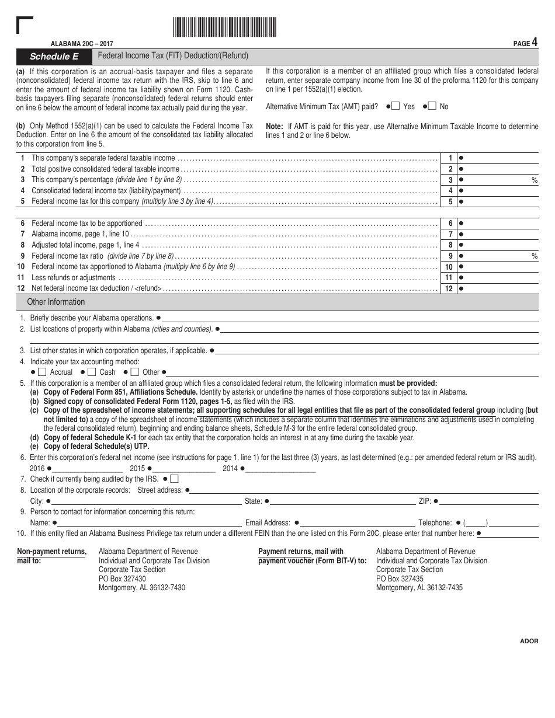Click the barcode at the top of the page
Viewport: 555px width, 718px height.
(x=224, y=27)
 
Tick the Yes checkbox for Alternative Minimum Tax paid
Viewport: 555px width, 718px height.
(x=396, y=106)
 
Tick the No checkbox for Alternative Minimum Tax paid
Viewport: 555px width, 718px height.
(x=432, y=106)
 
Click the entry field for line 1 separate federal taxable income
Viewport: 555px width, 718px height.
(x=500, y=158)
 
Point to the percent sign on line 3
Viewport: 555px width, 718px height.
(x=534, y=180)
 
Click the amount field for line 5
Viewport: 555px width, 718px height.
(x=500, y=202)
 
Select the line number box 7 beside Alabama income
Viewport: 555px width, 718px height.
(x=450, y=235)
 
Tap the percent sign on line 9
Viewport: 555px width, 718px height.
(x=534, y=256)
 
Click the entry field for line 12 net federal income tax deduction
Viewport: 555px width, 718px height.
(x=500, y=288)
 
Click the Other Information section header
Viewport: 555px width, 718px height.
(x=56, y=302)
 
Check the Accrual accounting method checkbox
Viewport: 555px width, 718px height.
(x=42, y=372)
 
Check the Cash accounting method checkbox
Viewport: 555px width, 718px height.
(x=92, y=372)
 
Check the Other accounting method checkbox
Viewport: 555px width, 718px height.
(x=134, y=372)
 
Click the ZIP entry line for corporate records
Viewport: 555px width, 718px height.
(x=490, y=501)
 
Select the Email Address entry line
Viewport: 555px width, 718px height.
(x=358, y=523)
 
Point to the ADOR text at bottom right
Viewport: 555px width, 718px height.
(x=529, y=641)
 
